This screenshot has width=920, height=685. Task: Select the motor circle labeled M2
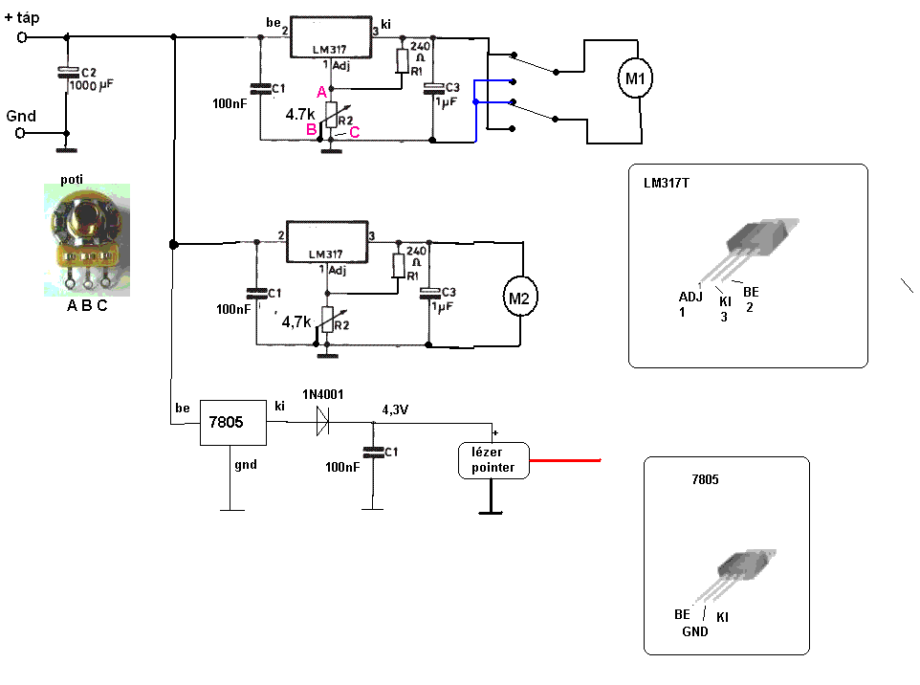coord(518,298)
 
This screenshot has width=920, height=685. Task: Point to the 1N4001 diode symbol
coord(321,423)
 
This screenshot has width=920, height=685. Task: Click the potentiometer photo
coord(86,239)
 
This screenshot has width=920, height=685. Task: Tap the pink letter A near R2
coord(321,91)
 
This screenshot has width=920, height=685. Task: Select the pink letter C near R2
coord(354,132)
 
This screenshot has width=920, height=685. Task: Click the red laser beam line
coord(564,460)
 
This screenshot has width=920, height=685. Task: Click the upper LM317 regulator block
coord(330,37)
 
